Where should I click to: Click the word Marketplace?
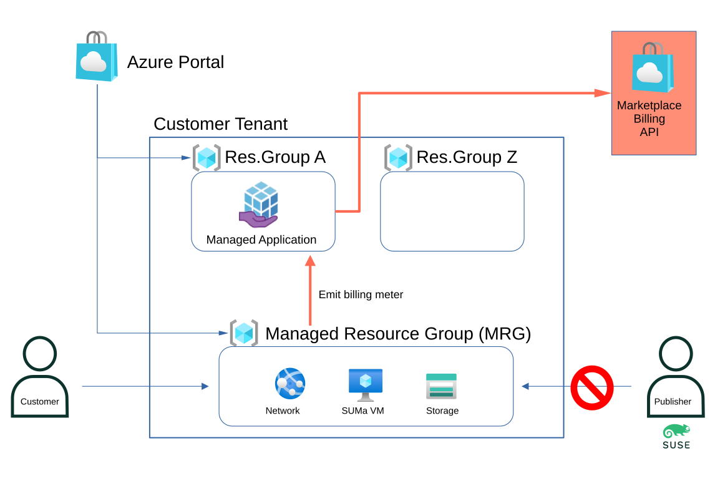tap(649, 105)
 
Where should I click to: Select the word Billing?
tap(649, 119)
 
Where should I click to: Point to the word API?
tap(649, 132)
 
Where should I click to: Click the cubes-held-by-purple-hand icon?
tap(260, 205)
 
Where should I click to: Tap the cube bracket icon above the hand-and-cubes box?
tap(207, 158)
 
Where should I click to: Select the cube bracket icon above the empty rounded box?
tap(398, 158)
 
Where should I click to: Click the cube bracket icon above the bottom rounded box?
tap(244, 333)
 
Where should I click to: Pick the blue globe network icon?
tap(290, 383)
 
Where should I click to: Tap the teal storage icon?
tap(441, 386)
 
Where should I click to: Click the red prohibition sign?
tap(591, 387)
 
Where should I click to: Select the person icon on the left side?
tap(40, 377)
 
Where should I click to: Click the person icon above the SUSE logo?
tap(676, 377)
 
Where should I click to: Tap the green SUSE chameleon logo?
tap(676, 436)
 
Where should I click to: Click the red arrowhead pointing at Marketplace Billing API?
tap(602, 93)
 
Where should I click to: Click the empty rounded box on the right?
tap(452, 211)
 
